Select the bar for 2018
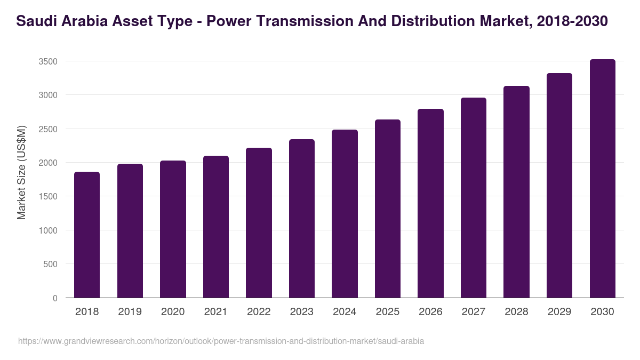[x=87, y=235]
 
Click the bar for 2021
[x=216, y=227]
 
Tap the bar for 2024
[x=345, y=213]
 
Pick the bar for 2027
[x=474, y=197]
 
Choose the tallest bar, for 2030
[x=602, y=179]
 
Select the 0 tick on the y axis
[x=55, y=298]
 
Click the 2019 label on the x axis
[x=130, y=312]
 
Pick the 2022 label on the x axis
[x=259, y=312]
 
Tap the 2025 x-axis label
[x=387, y=312]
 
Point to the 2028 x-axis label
[x=516, y=312]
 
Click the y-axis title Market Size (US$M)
[x=21, y=172]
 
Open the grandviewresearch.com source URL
[x=221, y=341]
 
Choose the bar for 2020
[x=173, y=229]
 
